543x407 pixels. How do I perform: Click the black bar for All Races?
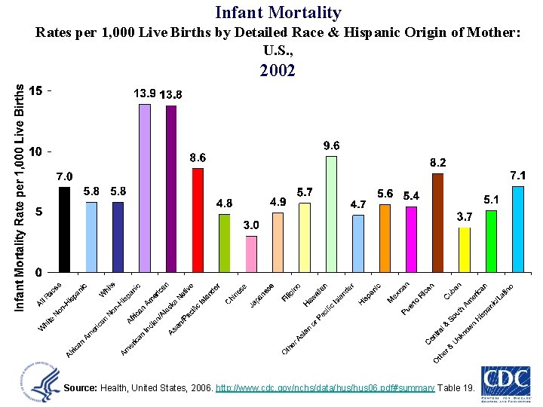[x=64, y=229]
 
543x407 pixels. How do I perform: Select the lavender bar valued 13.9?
[x=145, y=188]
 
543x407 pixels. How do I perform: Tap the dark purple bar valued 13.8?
[x=171, y=188]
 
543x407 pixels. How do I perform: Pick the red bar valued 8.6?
[x=198, y=220]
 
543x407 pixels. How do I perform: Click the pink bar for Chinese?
[x=251, y=254]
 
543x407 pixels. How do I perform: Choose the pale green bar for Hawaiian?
[x=331, y=214]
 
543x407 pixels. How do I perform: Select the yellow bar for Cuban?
[x=465, y=249]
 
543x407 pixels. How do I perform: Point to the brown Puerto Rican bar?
[x=437, y=222]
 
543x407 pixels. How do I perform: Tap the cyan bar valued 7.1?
[x=517, y=229]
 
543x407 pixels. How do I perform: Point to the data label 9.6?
[x=331, y=145]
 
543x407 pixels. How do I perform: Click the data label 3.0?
[x=251, y=225]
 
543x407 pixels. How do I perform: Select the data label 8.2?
[x=437, y=162]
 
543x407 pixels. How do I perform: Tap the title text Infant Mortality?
[x=278, y=13]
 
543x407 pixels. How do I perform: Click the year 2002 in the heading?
[x=278, y=72]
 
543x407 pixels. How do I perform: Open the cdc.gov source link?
[x=325, y=387]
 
